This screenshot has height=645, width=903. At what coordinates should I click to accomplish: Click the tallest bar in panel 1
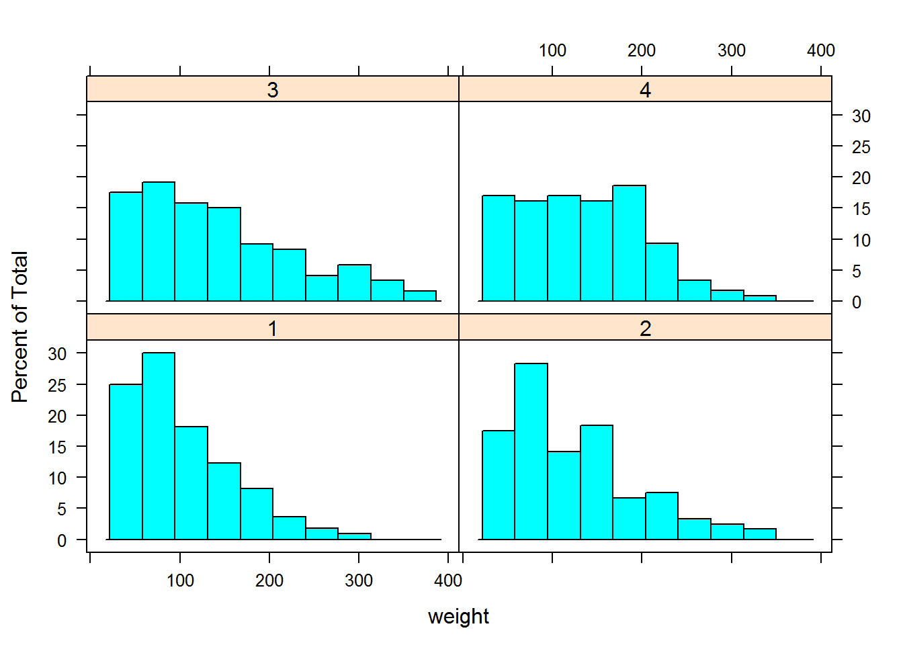[159, 446]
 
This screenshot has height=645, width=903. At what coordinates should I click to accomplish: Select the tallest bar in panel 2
[531, 451]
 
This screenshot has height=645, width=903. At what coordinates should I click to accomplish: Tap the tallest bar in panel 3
[159, 241]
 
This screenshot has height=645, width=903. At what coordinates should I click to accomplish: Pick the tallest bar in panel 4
[629, 243]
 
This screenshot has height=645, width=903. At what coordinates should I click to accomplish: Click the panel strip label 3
[272, 90]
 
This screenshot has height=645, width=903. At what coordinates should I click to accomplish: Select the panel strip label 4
[645, 90]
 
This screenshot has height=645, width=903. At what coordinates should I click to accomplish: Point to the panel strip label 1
[272, 329]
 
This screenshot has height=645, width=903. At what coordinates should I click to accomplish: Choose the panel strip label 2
[645, 329]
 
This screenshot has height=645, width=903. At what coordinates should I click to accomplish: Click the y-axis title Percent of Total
[19, 327]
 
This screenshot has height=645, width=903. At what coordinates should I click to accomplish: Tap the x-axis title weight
[458, 616]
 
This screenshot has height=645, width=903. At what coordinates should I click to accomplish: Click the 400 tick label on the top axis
[820, 50]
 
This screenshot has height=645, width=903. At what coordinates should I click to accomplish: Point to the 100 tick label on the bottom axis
[180, 580]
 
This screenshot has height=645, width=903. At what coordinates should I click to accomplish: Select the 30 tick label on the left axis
[57, 354]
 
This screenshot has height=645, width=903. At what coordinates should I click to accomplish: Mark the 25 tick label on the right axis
[861, 147]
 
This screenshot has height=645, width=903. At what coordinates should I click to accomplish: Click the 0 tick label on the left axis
[62, 541]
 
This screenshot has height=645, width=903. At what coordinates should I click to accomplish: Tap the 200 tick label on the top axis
[641, 50]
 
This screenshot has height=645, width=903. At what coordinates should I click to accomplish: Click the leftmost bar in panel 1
[126, 462]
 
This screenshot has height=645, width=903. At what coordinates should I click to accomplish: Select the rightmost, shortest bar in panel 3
[420, 296]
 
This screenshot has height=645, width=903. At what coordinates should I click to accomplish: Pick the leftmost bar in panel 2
[499, 485]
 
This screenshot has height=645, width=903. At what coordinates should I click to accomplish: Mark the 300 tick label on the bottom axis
[359, 580]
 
